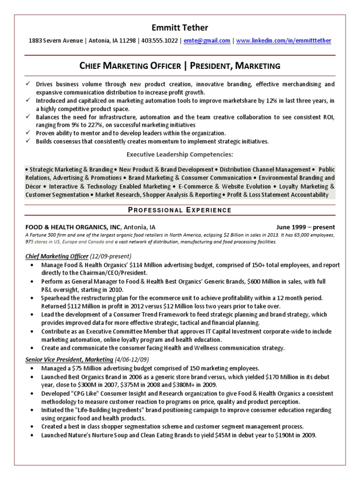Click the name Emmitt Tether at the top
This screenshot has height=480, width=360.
(180, 28)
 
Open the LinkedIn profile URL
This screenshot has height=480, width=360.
(283, 41)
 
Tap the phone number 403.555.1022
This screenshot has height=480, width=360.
(161, 41)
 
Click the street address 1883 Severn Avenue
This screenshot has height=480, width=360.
(55, 41)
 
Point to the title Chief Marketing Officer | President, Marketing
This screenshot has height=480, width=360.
(180, 66)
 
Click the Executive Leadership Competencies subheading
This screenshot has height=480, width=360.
(180, 154)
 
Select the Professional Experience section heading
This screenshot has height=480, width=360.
(180, 210)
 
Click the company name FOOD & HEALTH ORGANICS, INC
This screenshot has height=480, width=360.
(73, 226)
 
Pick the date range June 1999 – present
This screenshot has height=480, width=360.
(306, 226)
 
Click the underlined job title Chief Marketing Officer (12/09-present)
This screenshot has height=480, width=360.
(78, 256)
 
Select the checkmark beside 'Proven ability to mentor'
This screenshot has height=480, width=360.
(29, 133)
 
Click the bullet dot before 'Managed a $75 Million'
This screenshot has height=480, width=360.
(31, 368)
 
